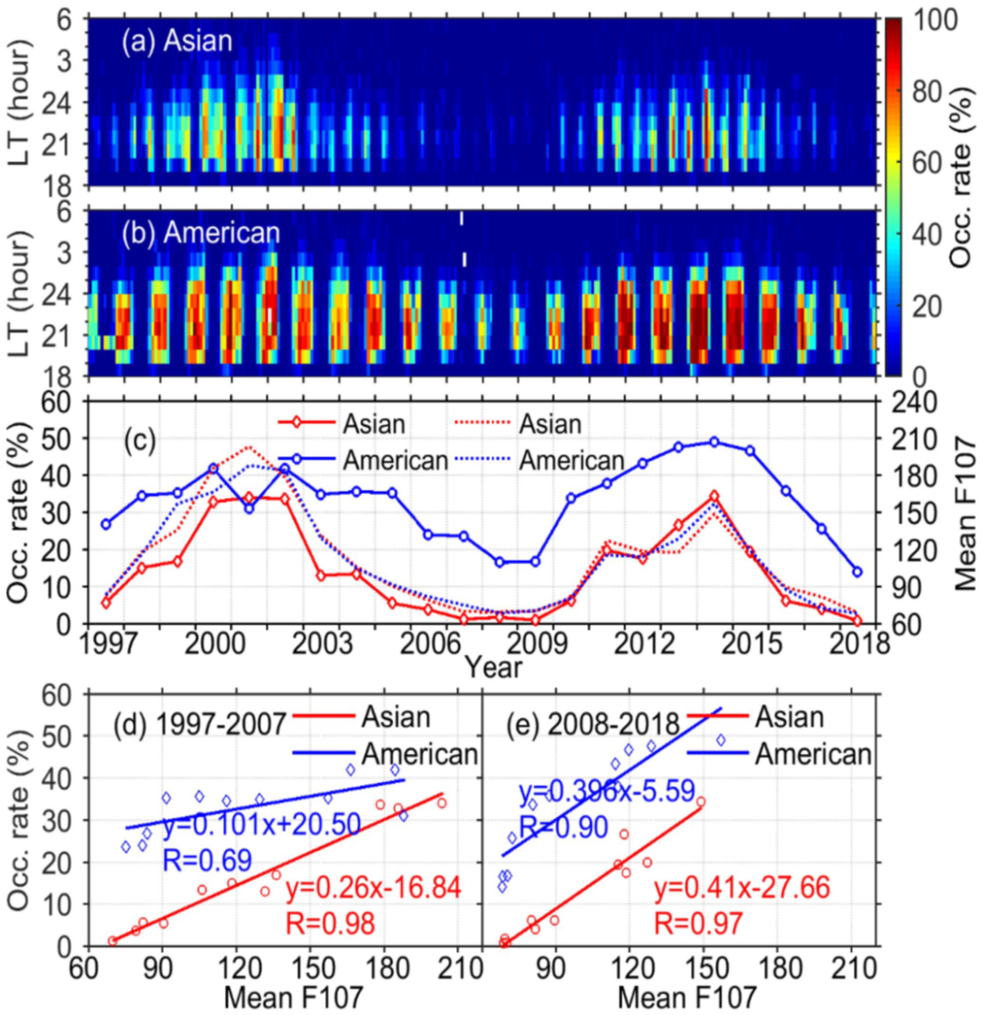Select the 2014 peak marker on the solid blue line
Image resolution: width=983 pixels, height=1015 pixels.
pos(714,442)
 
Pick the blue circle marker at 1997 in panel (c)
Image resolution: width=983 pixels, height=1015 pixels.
pos(106,524)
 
